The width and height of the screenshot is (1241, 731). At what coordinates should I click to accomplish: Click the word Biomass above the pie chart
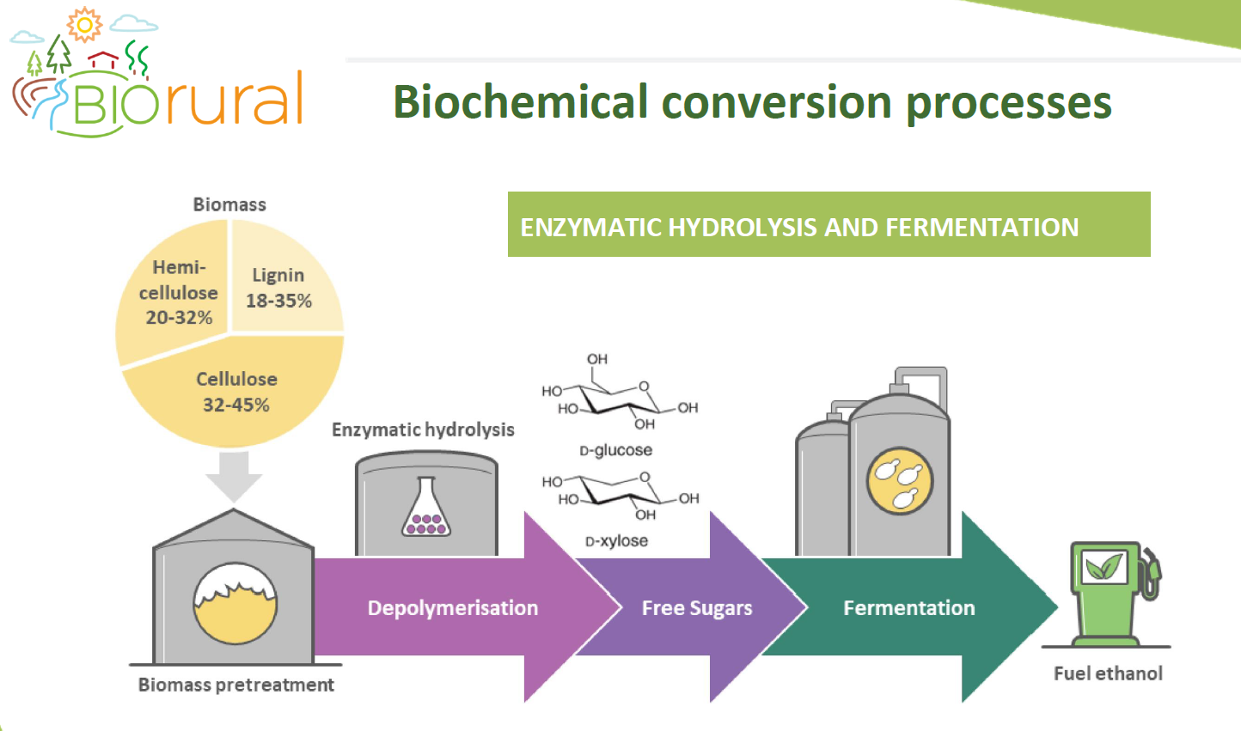pyautogui.click(x=229, y=205)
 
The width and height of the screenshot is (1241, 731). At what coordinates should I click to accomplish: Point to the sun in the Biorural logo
pyautogui.click(x=84, y=24)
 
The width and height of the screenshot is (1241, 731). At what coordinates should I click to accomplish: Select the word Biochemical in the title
pyautogui.click(x=520, y=102)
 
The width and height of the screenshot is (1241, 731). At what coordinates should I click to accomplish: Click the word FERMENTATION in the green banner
pyautogui.click(x=981, y=228)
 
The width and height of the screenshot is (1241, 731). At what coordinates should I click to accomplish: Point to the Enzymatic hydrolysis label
pyautogui.click(x=424, y=430)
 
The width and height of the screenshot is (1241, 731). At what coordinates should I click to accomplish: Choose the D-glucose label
pyautogui.click(x=616, y=450)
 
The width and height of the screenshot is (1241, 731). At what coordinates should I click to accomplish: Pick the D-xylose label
pyautogui.click(x=616, y=540)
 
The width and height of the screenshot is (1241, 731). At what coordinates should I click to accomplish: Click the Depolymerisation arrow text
pyautogui.click(x=453, y=608)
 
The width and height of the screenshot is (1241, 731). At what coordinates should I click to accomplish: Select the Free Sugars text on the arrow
pyautogui.click(x=697, y=608)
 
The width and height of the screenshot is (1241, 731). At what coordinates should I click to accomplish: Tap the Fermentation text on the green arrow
pyautogui.click(x=909, y=608)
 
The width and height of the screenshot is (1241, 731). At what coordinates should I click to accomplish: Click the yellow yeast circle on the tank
pyautogui.click(x=900, y=481)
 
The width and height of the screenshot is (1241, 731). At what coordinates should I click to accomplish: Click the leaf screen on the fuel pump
pyautogui.click(x=1104, y=567)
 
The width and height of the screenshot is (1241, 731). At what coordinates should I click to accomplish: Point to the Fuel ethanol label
pyautogui.click(x=1108, y=673)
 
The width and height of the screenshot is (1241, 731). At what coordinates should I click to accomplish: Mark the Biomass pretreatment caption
pyautogui.click(x=236, y=685)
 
